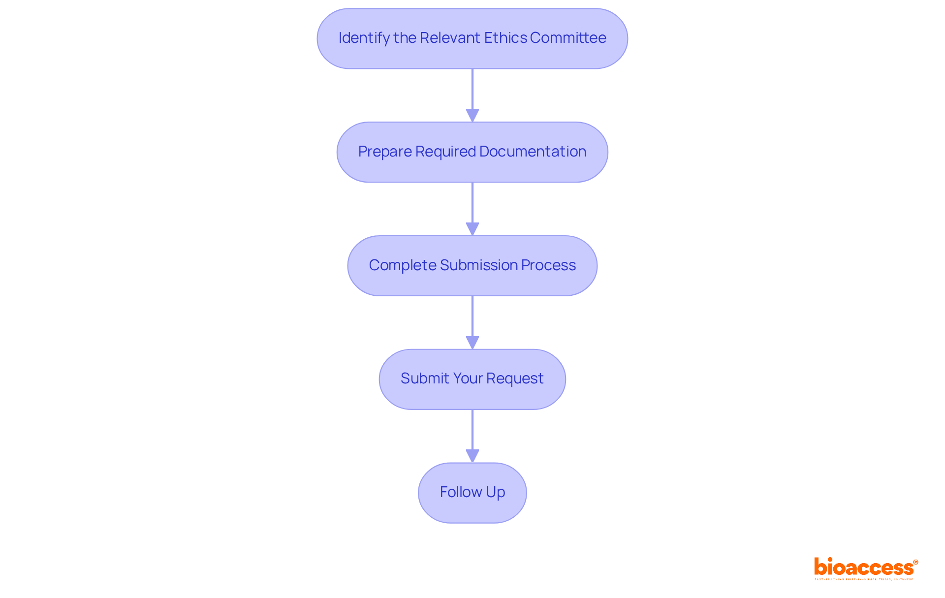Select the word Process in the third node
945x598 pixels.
548,265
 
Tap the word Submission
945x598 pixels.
479,265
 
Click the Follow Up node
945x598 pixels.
472,492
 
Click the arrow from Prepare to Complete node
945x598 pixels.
472,209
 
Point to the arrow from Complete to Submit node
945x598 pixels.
472,322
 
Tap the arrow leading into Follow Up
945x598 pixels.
472,436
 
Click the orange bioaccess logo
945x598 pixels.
864,567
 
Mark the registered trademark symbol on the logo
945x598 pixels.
915,562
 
